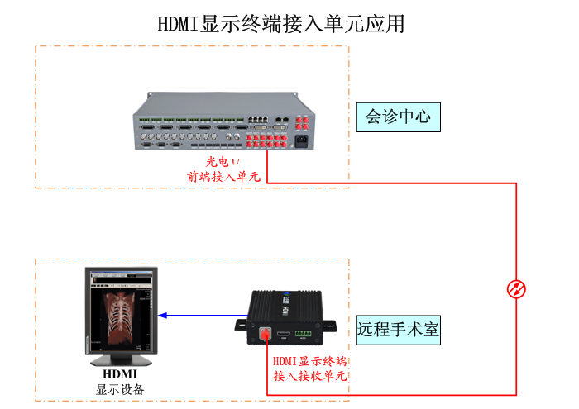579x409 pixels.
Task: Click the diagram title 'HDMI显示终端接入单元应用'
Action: (x=281, y=23)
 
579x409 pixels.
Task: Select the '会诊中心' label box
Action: (x=398, y=117)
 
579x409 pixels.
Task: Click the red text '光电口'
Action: (x=223, y=162)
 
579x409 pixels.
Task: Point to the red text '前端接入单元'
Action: (x=223, y=176)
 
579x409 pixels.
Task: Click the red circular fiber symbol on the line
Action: (x=516, y=288)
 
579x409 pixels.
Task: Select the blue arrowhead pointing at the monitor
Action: (x=163, y=315)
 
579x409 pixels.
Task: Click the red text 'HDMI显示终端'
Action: (x=309, y=362)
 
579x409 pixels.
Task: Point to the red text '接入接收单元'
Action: (x=309, y=377)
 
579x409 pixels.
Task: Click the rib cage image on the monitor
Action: (x=121, y=313)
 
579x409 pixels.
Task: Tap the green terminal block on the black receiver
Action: (x=306, y=335)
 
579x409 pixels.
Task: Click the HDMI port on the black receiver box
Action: (x=285, y=335)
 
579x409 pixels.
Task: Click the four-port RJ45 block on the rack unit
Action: (x=259, y=121)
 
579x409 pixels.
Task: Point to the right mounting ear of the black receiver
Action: (x=334, y=326)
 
